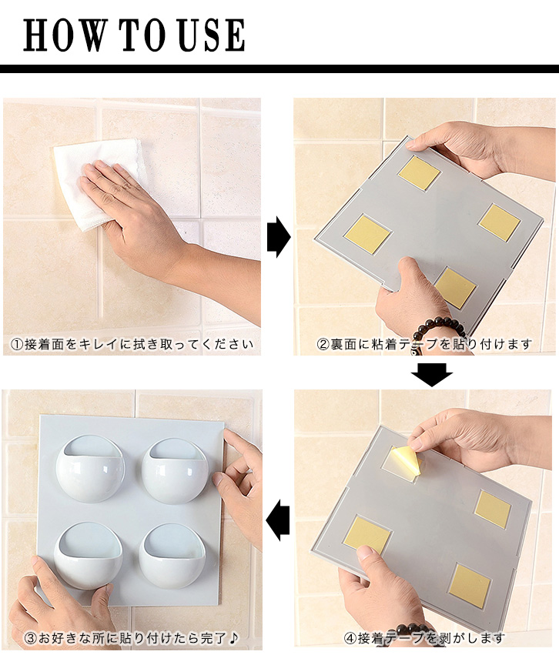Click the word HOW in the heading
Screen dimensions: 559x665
(64, 35)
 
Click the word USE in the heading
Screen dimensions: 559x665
(213, 35)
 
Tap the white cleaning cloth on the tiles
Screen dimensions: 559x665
(99, 183)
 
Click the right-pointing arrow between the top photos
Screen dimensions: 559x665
(279, 236)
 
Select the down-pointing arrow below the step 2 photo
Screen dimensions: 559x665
(432, 375)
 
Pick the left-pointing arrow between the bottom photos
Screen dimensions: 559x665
(278, 520)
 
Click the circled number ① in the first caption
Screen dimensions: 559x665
(16, 344)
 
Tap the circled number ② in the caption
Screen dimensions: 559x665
(323, 344)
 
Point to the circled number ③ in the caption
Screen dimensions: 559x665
(30, 638)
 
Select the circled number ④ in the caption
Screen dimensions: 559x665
(350, 638)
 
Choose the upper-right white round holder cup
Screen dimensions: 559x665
(175, 471)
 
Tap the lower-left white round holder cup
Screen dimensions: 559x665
(88, 556)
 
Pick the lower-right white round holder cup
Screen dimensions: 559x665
(172, 556)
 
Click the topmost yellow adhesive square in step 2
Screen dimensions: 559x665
(420, 172)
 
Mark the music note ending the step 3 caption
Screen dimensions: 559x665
(234, 637)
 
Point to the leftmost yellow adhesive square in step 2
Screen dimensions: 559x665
(367, 234)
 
